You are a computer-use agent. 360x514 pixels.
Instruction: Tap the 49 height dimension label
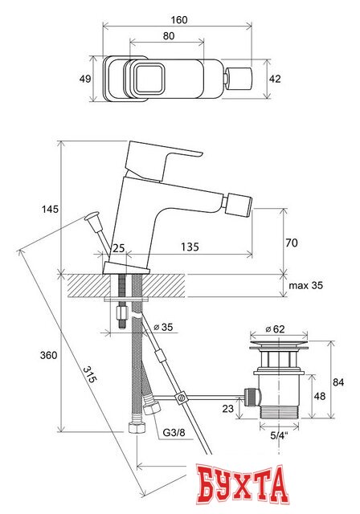85,78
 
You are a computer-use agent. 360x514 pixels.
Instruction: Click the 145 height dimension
50,209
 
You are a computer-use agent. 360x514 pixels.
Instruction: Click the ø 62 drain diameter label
276,328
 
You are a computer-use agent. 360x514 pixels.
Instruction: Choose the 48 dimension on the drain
319,395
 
